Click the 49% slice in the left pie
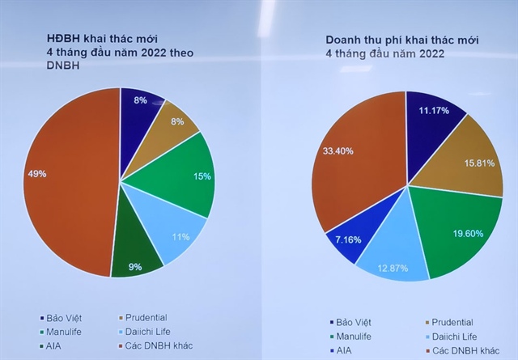coord(65,178)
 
